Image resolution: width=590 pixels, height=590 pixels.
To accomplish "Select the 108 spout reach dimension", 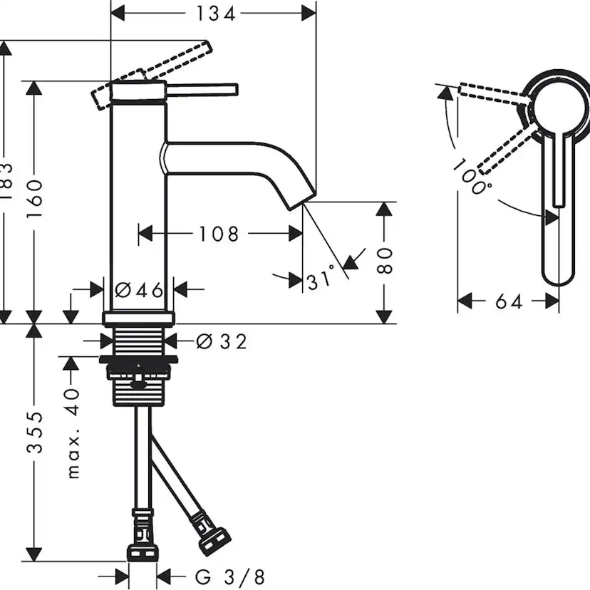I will click(x=219, y=233).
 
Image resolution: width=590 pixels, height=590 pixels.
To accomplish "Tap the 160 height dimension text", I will click(x=36, y=199).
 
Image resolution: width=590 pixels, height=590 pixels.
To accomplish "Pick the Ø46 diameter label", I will click(x=140, y=289).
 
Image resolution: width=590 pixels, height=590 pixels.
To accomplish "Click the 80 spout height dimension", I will click(x=385, y=260).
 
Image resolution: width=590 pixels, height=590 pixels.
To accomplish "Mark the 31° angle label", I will click(x=321, y=279).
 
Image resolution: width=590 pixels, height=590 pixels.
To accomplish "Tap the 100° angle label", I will click(x=472, y=177).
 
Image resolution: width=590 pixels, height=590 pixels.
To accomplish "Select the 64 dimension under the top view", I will click(x=508, y=302).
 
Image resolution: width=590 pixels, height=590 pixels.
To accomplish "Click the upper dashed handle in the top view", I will click(x=492, y=95).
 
